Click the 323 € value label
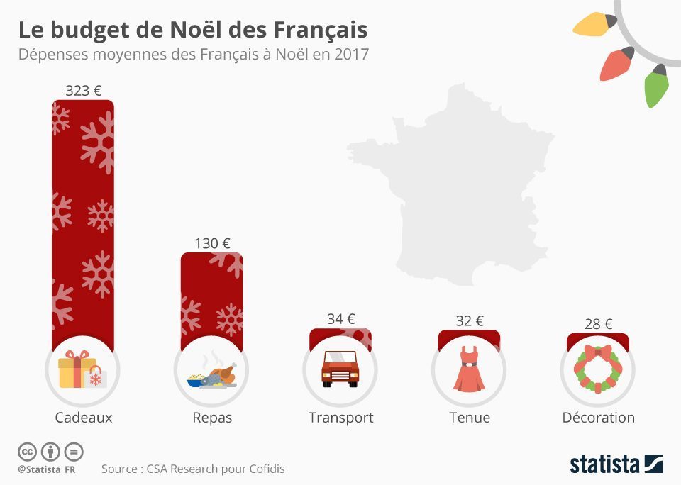tap(83, 91)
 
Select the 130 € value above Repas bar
tap(212, 243)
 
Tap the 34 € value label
tap(340, 319)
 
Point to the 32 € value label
tap(469, 320)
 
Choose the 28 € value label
tap(598, 323)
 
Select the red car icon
tap(340, 369)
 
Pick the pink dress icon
tap(469, 369)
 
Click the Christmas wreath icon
tap(598, 369)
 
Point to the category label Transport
tap(340, 418)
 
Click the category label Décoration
tap(598, 418)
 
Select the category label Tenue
tap(469, 418)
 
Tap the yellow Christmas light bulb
tap(594, 25)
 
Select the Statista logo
tap(616, 464)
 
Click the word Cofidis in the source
tap(264, 469)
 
